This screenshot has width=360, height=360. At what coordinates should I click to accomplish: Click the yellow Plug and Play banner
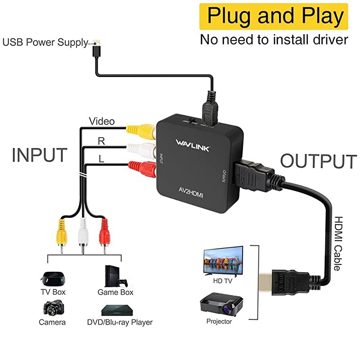click(274, 17)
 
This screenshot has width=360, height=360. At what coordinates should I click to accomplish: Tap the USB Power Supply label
click(45, 43)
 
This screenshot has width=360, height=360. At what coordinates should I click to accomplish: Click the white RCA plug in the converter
click(141, 148)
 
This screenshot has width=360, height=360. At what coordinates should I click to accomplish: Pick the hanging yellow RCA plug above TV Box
click(61, 234)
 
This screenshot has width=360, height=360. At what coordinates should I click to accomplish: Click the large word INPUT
click(40, 155)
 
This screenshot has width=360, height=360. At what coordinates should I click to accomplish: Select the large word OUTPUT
click(318, 161)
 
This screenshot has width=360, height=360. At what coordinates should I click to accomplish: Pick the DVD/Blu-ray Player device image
click(119, 310)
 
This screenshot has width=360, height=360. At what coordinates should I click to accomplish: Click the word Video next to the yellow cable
click(101, 121)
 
